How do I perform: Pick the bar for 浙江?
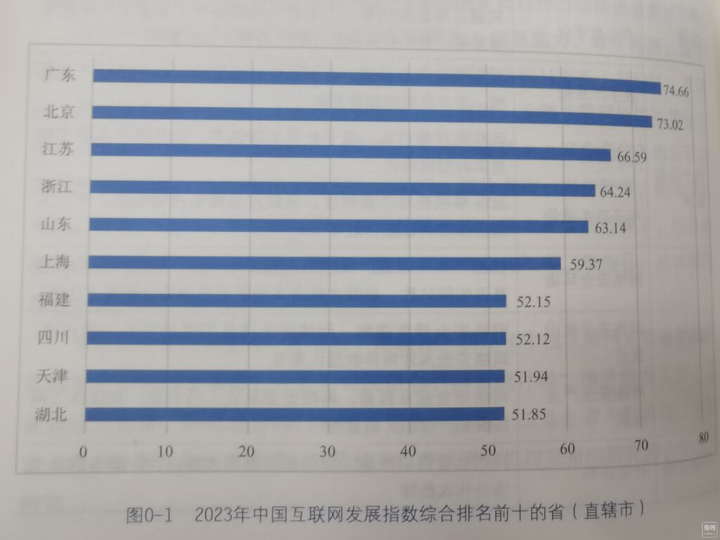tap(344, 188)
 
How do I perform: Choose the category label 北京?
tap(57, 112)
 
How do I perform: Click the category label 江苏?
tap(57, 149)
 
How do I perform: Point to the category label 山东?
tap(56, 224)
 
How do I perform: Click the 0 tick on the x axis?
tap(84, 451)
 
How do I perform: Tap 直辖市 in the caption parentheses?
tap(613, 509)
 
